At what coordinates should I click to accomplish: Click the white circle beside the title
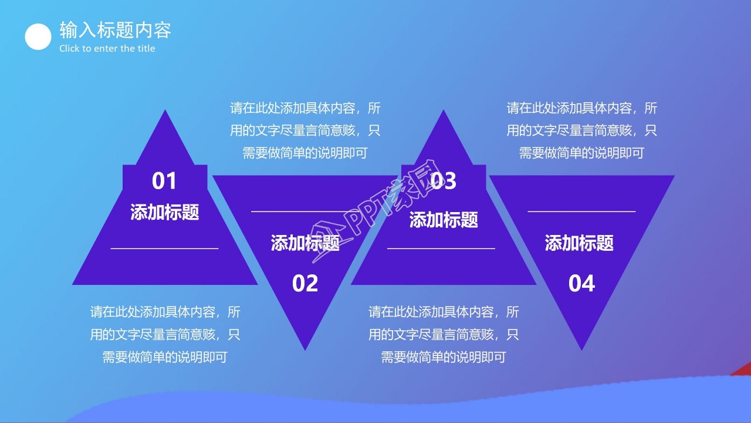(38, 37)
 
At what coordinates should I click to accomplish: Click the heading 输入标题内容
(115, 29)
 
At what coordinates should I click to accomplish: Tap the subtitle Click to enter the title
(107, 49)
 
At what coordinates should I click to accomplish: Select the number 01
(164, 181)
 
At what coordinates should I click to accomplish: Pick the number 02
(305, 284)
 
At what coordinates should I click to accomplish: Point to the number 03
(444, 181)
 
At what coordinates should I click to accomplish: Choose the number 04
(581, 284)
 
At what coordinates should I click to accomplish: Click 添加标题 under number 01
(165, 212)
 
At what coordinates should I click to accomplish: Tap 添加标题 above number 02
(305, 243)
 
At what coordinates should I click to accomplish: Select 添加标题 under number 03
(444, 220)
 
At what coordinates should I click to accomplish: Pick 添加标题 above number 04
(579, 243)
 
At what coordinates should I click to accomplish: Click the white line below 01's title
(164, 249)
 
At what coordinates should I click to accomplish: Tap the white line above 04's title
(581, 211)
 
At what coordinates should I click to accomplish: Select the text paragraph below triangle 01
(165, 334)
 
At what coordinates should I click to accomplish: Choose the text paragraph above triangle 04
(581, 130)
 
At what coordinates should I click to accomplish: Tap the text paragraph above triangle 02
(305, 130)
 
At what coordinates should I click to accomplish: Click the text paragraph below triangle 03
(444, 334)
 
